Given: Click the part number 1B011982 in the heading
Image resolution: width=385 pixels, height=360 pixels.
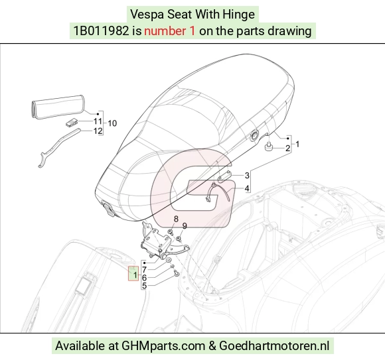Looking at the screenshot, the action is click(101, 31).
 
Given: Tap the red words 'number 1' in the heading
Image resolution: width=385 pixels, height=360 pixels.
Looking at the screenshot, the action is click(170, 31).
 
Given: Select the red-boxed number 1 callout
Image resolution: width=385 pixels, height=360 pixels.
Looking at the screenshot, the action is click(135, 275).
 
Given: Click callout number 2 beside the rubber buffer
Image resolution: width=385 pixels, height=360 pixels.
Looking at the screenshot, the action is click(287, 149).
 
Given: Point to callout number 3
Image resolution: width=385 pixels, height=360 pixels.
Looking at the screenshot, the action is click(247, 175).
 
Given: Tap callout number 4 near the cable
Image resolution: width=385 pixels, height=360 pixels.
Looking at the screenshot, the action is click(247, 188).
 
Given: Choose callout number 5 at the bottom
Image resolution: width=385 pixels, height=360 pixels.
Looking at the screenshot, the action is click(145, 286).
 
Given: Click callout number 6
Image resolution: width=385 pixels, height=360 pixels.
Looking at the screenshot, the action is click(145, 278).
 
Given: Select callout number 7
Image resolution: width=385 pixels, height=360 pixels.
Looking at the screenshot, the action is click(145, 270).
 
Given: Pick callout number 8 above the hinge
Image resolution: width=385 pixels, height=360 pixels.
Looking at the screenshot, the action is click(176, 219).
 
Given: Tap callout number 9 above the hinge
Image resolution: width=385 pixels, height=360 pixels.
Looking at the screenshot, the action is click(185, 226).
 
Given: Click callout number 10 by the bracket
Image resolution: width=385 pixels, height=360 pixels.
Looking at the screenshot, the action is click(112, 123).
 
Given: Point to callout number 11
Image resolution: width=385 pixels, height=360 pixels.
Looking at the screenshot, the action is click(98, 121).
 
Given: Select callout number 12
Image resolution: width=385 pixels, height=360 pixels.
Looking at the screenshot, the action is click(98, 131).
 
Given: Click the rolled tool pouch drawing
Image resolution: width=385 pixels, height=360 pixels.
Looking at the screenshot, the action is click(58, 107).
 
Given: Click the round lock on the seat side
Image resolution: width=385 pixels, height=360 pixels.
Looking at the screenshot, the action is click(254, 136).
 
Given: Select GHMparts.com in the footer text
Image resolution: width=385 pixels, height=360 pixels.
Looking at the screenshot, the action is click(163, 346).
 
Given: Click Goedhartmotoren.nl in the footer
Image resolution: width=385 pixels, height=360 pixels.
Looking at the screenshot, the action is click(273, 346).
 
